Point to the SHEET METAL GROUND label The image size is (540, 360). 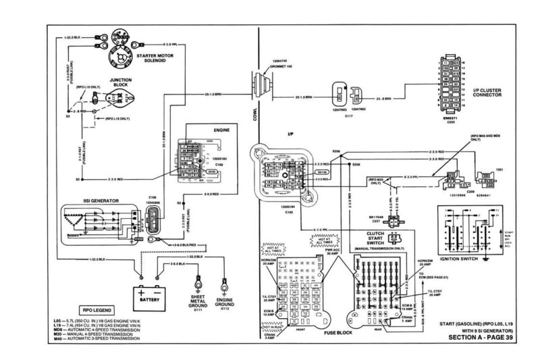tap(198, 302)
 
